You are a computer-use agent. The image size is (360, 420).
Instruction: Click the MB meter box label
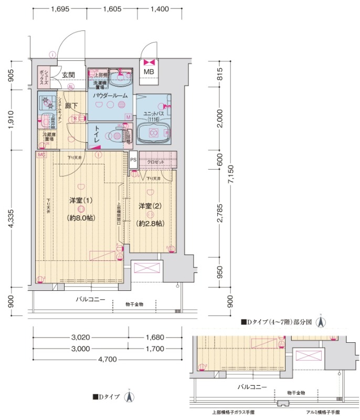pyautogui.click(x=149, y=72)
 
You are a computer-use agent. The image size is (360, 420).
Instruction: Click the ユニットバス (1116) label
pyautogui.click(x=153, y=117)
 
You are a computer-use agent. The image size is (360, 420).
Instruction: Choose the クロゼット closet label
pyautogui.click(x=155, y=162)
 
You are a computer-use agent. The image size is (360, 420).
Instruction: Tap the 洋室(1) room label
pyautogui.click(x=81, y=201)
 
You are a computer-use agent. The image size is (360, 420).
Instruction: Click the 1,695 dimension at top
pyautogui.click(x=60, y=9)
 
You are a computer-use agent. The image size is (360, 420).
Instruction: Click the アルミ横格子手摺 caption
pyautogui.click(x=322, y=412)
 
